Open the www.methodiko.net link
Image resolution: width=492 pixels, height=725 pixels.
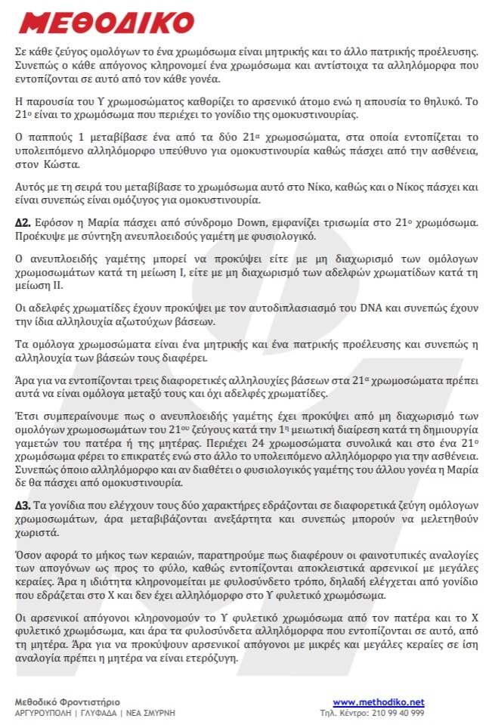[x=379, y=702]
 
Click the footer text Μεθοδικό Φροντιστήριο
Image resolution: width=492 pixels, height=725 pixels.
[x=67, y=702]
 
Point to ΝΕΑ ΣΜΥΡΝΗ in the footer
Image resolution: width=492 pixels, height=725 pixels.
[x=147, y=713]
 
